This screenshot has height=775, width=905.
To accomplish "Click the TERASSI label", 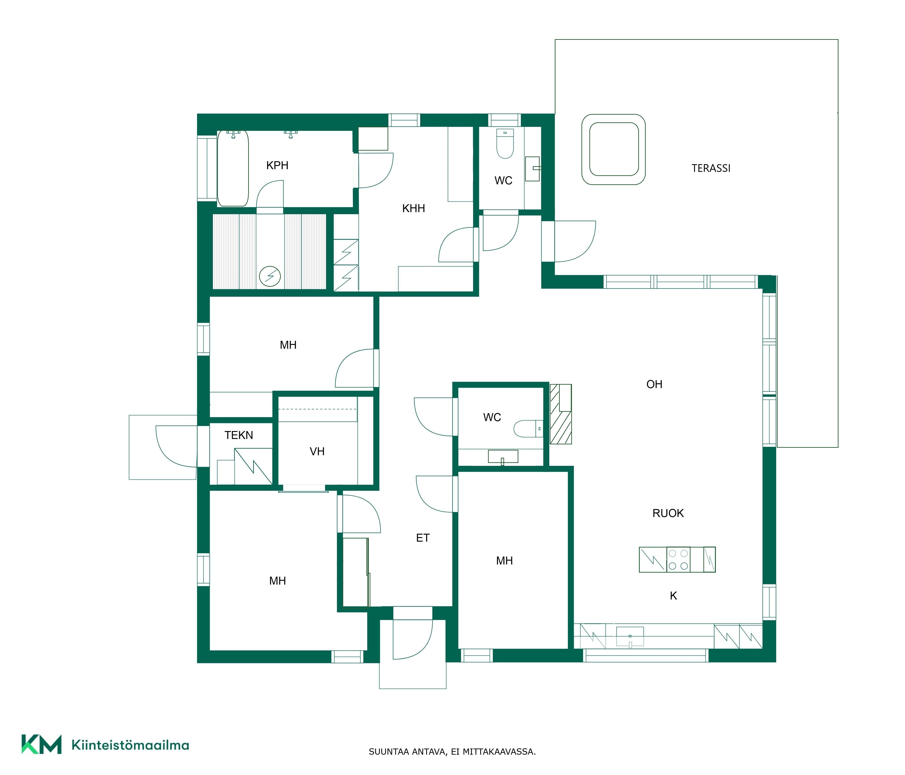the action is [x=711, y=168].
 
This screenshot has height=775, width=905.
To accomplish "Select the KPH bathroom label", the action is [x=277, y=166].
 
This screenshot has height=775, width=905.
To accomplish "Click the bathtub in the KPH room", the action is [x=233, y=168].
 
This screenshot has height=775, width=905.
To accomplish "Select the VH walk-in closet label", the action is [x=317, y=451].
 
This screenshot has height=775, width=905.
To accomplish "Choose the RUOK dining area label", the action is [x=668, y=513].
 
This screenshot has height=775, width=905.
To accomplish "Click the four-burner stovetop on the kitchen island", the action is [x=678, y=559].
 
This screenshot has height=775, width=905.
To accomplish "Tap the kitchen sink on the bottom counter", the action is [x=630, y=636].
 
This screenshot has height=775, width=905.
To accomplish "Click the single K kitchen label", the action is [x=673, y=595].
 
